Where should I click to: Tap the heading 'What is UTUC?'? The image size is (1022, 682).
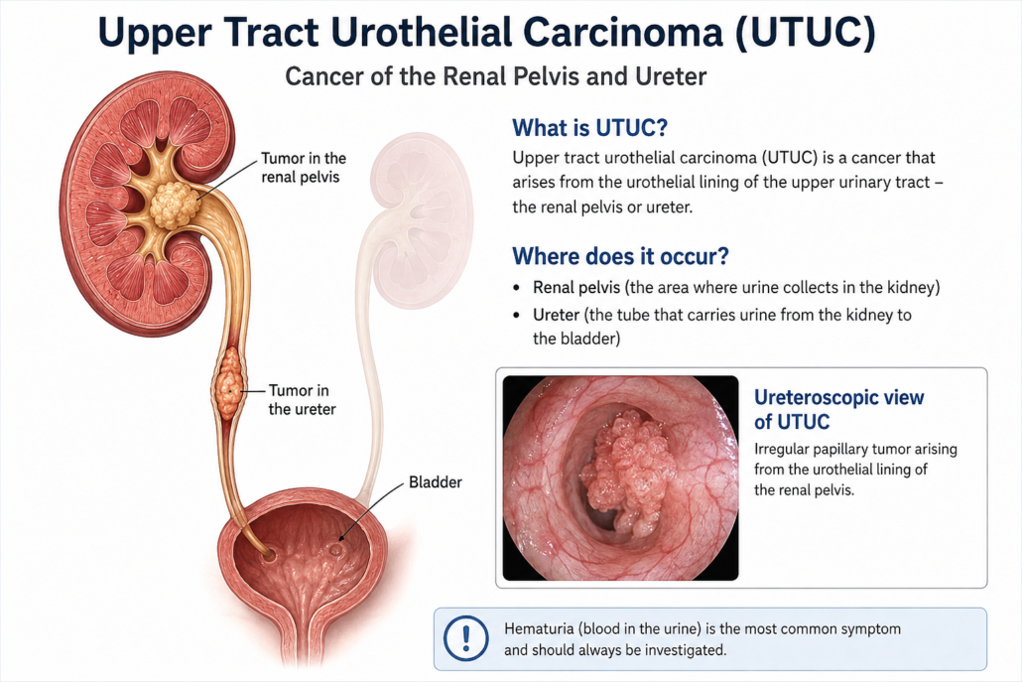pos(589,127)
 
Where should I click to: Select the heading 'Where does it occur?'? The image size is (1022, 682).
pos(620,255)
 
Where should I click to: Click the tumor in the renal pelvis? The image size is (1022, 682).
pos(174,205)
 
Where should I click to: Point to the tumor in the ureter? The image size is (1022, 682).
pos(227,383)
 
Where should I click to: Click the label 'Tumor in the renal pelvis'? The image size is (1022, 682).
pos(304,168)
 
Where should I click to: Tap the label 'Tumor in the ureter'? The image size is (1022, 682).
pos(302,400)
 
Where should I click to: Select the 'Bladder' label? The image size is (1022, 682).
pos(435,482)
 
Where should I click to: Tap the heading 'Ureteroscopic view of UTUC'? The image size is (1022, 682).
pos(838,409)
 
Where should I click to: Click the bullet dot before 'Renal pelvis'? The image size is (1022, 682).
pos(517,288)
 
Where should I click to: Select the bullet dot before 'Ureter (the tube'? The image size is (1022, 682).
pos(517,316)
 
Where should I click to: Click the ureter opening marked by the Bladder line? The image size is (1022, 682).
pos(335,549)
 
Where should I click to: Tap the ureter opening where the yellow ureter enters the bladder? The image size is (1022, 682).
pos(267,555)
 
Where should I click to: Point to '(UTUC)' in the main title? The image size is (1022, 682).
pos(805,32)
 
